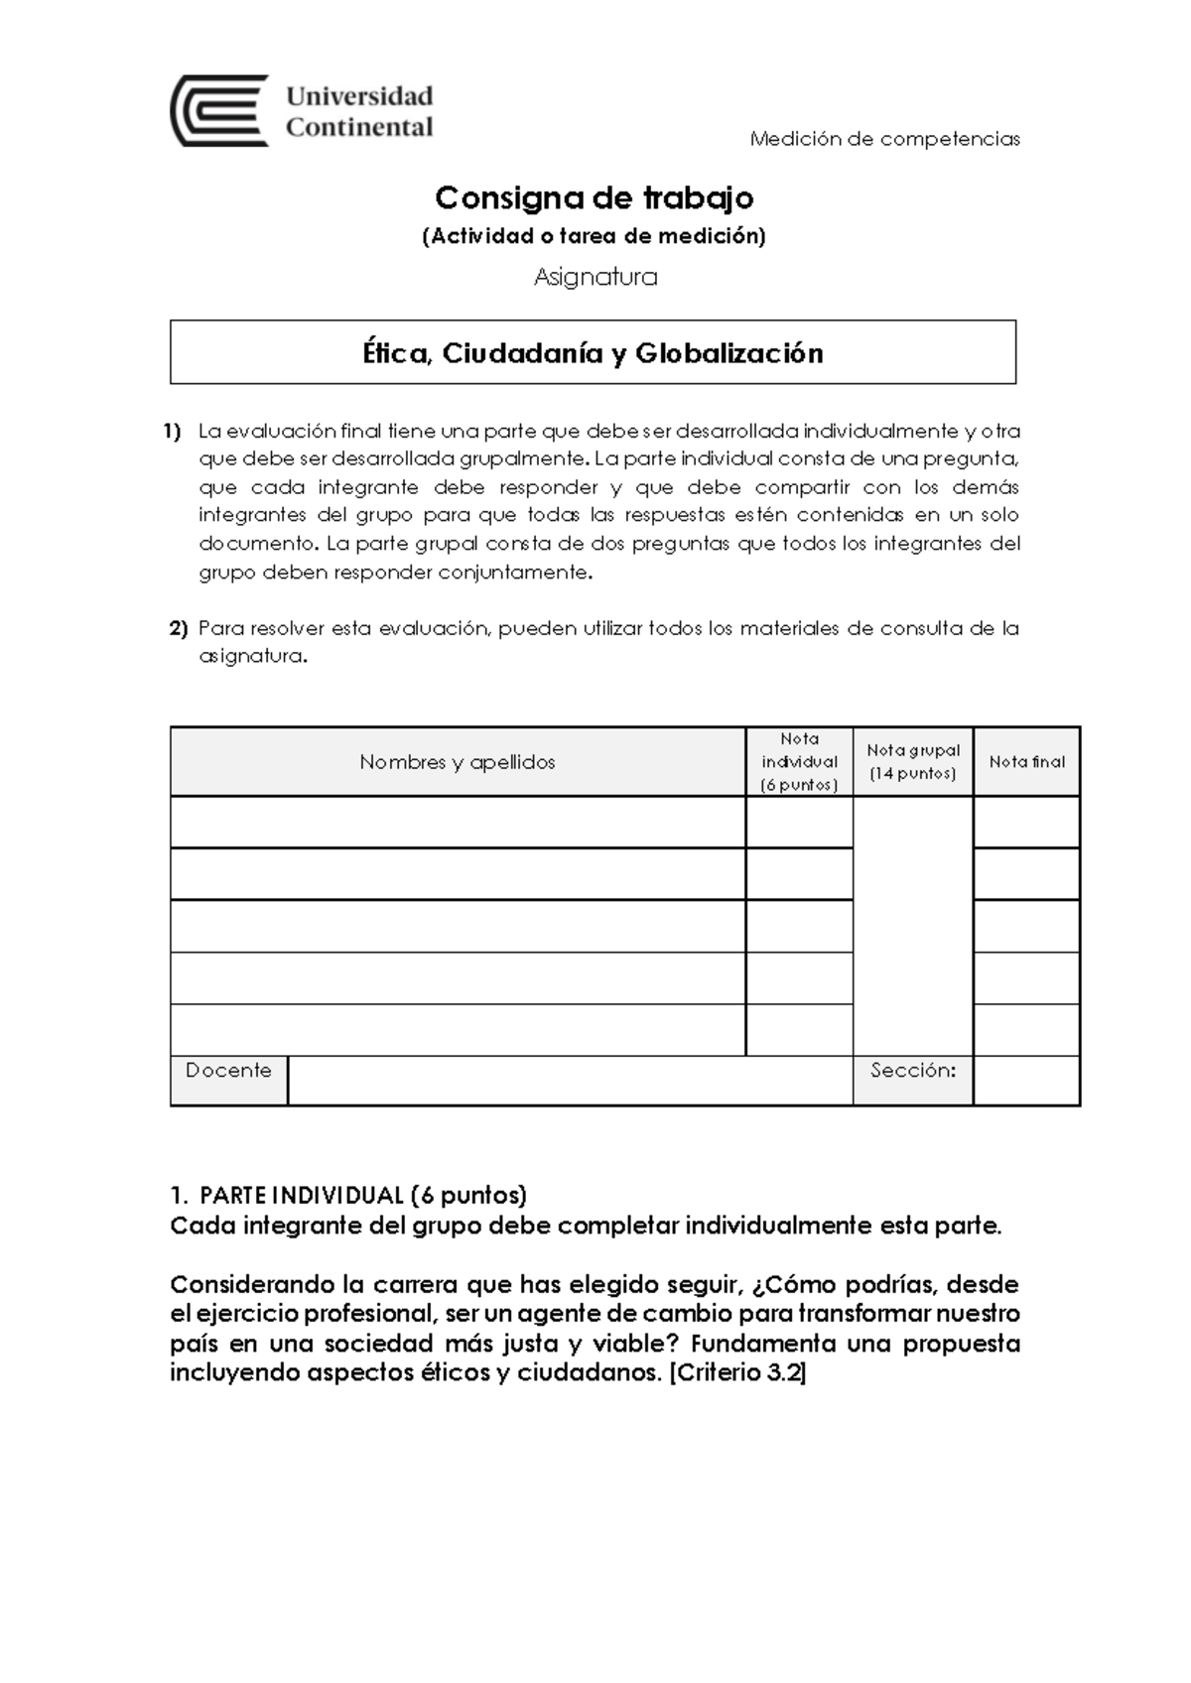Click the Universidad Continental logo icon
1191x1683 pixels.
coord(219,110)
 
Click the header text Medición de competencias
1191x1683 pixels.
coord(884,139)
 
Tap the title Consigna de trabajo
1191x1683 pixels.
coord(595,198)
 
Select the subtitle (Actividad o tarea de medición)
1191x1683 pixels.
coord(595,236)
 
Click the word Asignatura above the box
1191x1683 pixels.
coord(595,277)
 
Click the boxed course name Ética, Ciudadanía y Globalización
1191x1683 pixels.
coord(593,353)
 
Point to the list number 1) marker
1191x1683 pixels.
coord(173,432)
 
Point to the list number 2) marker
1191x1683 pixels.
coord(178,628)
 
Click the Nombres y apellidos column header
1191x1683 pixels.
coord(457,762)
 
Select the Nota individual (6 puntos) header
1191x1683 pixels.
coord(799,762)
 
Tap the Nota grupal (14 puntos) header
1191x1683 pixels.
coord(912,762)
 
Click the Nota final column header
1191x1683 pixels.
coord(1026,762)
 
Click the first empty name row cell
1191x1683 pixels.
coord(457,822)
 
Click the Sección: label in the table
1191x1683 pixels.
coord(912,1071)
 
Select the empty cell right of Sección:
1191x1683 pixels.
coord(1026,1080)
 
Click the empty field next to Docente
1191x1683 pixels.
coord(570,1080)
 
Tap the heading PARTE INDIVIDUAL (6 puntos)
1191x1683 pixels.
coord(362,1194)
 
